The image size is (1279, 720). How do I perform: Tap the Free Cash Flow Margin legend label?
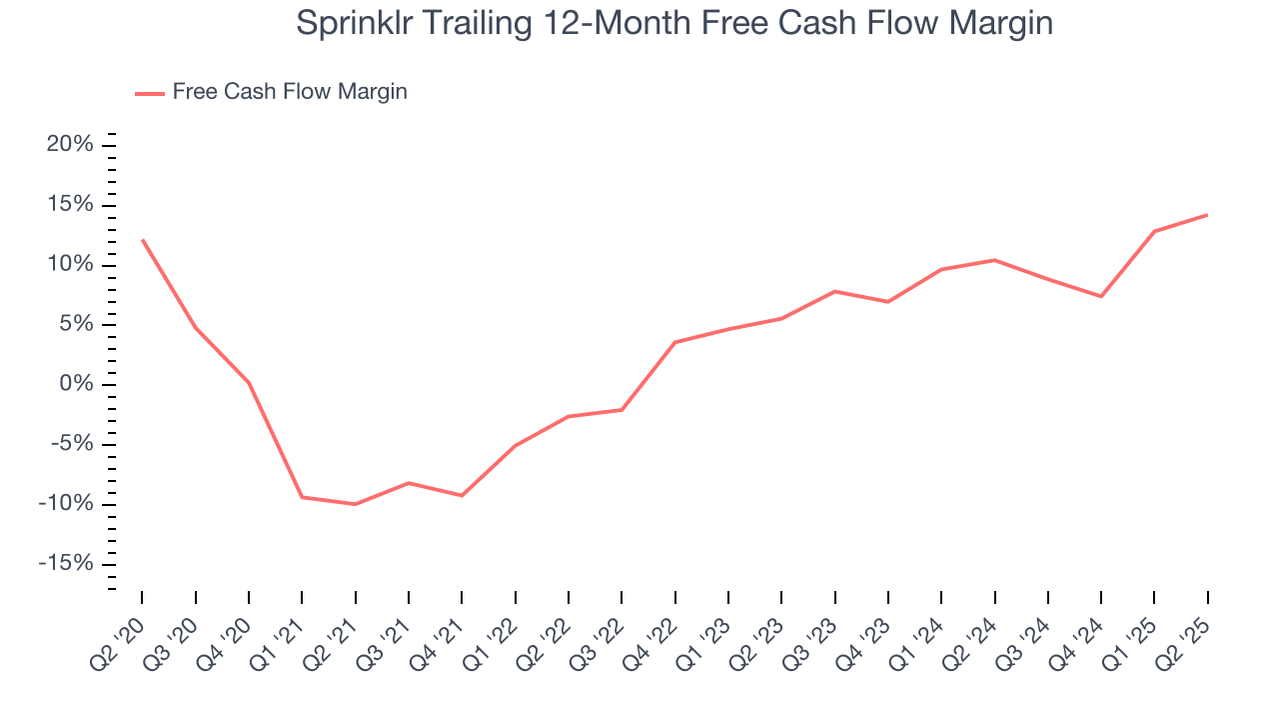290,92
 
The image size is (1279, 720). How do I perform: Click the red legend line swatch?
150,93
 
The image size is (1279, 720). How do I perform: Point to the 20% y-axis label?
70,145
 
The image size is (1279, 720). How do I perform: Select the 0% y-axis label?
77,384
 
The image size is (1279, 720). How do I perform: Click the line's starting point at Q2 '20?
142,240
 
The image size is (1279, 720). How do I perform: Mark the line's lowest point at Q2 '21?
355,504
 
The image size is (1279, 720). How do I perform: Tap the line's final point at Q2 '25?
1207,215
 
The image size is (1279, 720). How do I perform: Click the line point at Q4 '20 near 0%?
249,383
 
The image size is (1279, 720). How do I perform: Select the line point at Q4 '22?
675,342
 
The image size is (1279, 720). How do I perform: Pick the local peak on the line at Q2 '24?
994,260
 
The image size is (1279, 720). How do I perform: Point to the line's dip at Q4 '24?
1101,296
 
